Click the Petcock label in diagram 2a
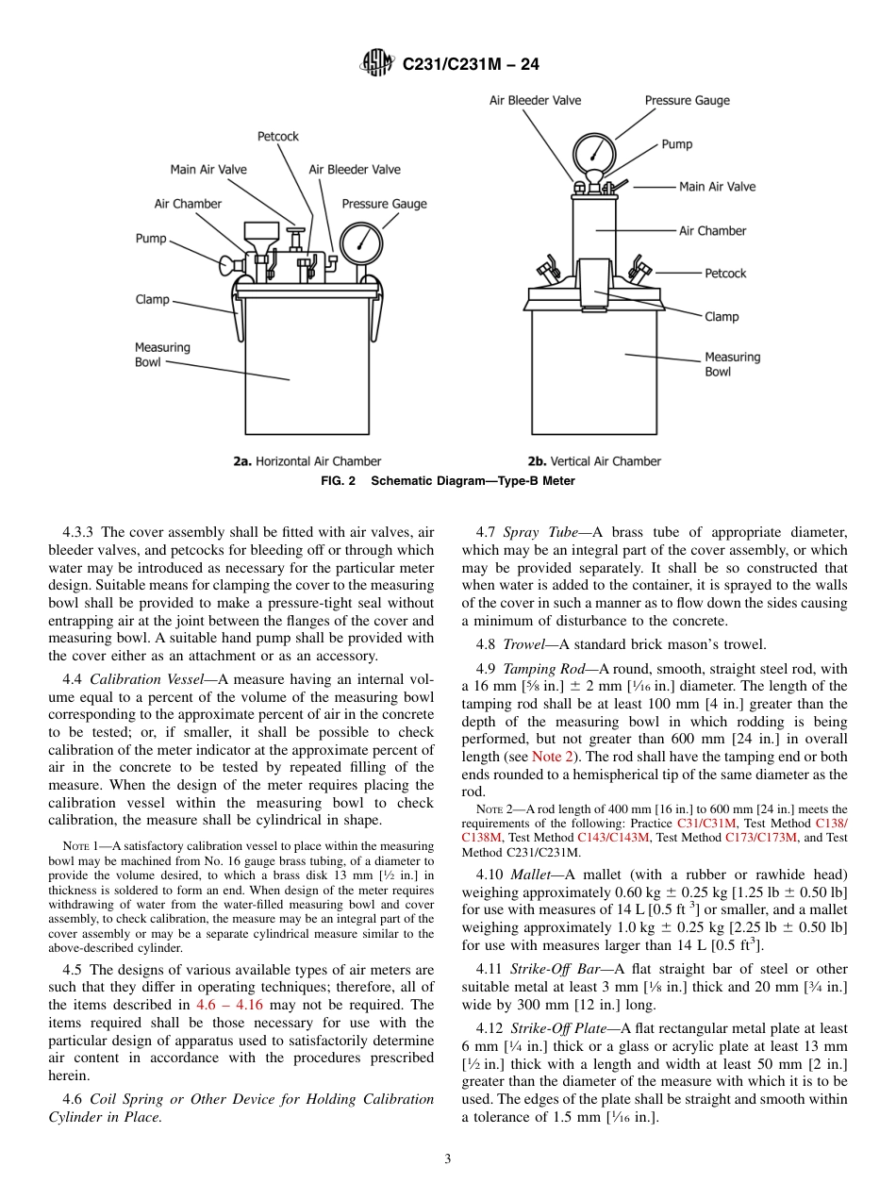pos(277,137)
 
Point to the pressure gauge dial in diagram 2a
pos(357,242)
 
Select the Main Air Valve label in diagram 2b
pos(717,187)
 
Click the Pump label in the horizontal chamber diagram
pos(151,239)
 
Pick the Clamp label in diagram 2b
pos(722,317)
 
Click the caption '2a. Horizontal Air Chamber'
pos(307,461)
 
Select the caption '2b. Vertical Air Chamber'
pos(594,461)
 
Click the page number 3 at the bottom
pos(448,1159)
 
